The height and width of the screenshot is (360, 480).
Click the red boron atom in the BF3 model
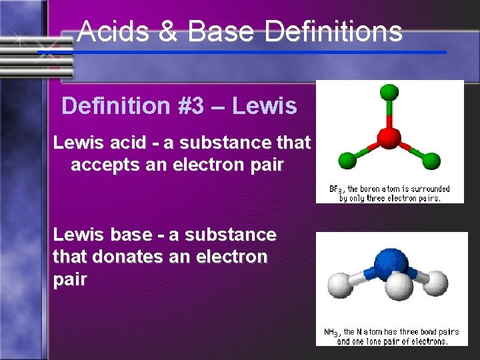tap(389, 138)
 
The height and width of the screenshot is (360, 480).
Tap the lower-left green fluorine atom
tap(347, 160)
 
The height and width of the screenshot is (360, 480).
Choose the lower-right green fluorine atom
tap(431, 160)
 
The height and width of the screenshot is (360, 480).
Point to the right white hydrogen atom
tap(435, 284)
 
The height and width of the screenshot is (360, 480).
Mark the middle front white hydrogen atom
tap(399, 288)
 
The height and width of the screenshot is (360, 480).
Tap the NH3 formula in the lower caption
tap(331, 332)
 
